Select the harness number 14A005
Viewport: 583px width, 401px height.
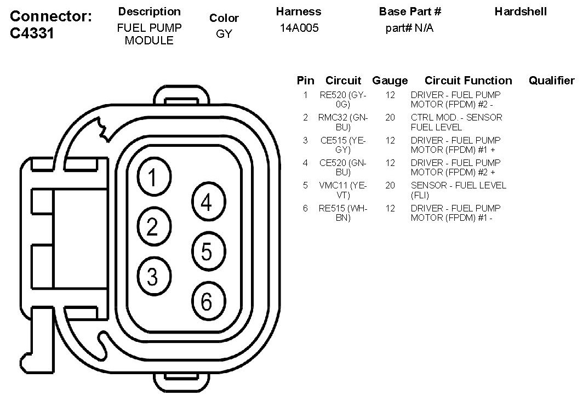[x=299, y=28]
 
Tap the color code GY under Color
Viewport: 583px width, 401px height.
[x=224, y=34]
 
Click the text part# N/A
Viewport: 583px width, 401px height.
[x=409, y=28]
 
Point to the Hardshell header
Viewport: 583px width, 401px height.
[x=520, y=12]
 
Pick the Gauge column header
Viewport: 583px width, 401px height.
[x=390, y=81]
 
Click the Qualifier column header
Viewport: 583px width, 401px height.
[x=551, y=81]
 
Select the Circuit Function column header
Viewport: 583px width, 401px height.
[x=468, y=81]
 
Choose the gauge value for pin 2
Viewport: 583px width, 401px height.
[x=390, y=117]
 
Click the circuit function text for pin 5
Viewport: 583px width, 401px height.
[x=458, y=190]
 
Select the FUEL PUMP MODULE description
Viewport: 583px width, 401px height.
[x=149, y=34]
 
